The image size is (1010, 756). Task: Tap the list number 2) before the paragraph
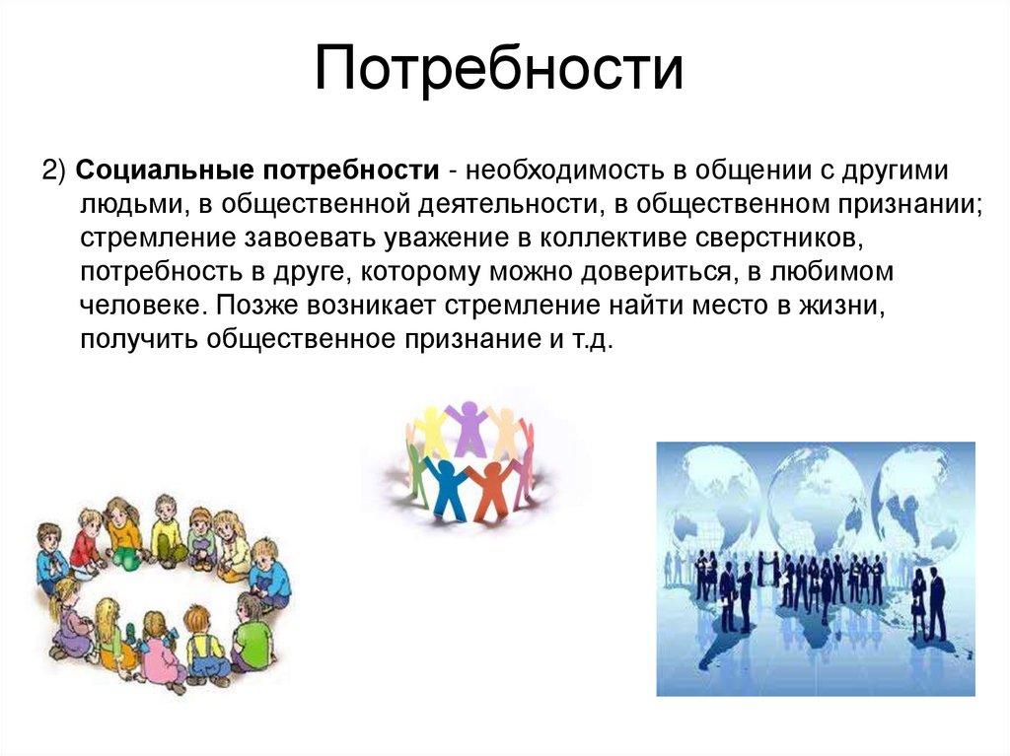tap(53, 169)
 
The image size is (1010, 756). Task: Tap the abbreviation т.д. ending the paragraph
tap(595, 338)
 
